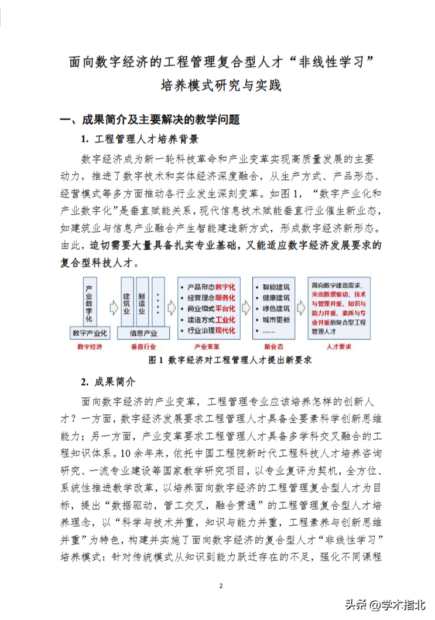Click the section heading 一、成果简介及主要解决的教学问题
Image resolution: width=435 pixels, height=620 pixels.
[150, 120]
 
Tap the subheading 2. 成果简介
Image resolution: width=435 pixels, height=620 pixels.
[108, 381]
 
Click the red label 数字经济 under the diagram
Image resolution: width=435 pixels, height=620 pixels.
[90, 347]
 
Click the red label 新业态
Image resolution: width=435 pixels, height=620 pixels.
[273, 347]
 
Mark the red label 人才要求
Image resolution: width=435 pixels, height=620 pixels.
[339, 347]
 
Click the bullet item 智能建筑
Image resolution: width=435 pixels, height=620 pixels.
[275, 287]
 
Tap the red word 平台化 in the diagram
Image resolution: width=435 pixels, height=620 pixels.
[225, 309]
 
